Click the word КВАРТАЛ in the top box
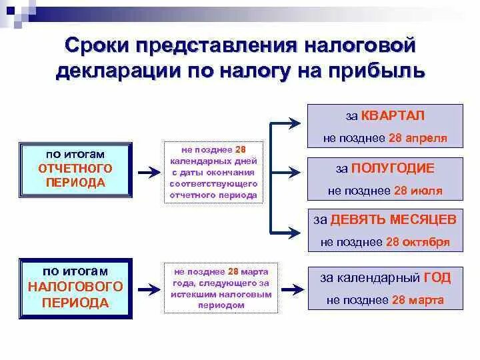pyautogui.click(x=393, y=115)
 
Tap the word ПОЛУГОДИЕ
pyautogui.click(x=393, y=168)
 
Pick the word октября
pyautogui.click(x=426, y=241)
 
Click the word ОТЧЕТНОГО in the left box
pyautogui.click(x=75, y=169)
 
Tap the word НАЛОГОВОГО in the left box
pyautogui.click(x=75, y=287)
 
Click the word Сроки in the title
pyautogui.click(x=97, y=46)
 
